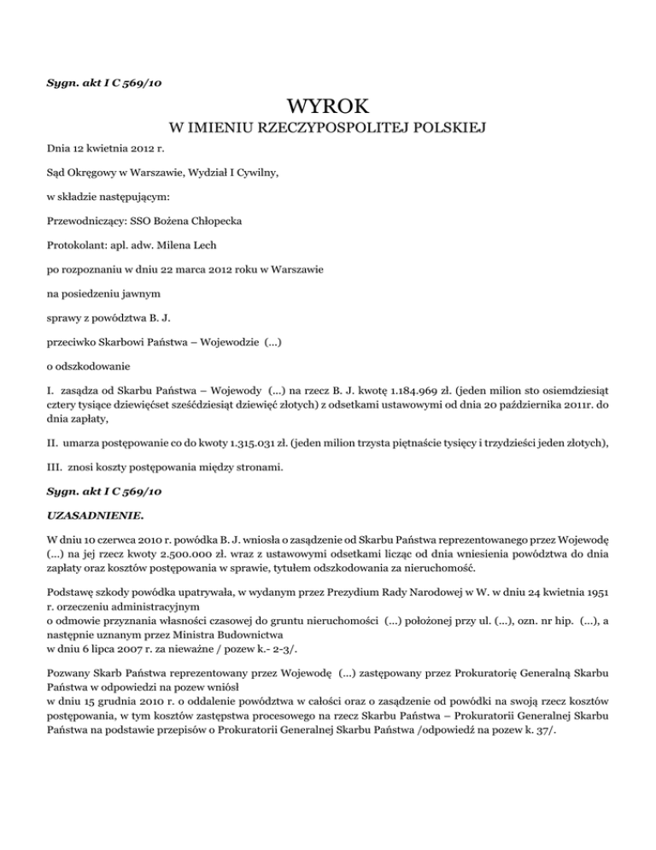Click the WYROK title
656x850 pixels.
(328, 107)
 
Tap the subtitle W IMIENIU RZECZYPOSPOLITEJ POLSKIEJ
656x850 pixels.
(328, 129)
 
